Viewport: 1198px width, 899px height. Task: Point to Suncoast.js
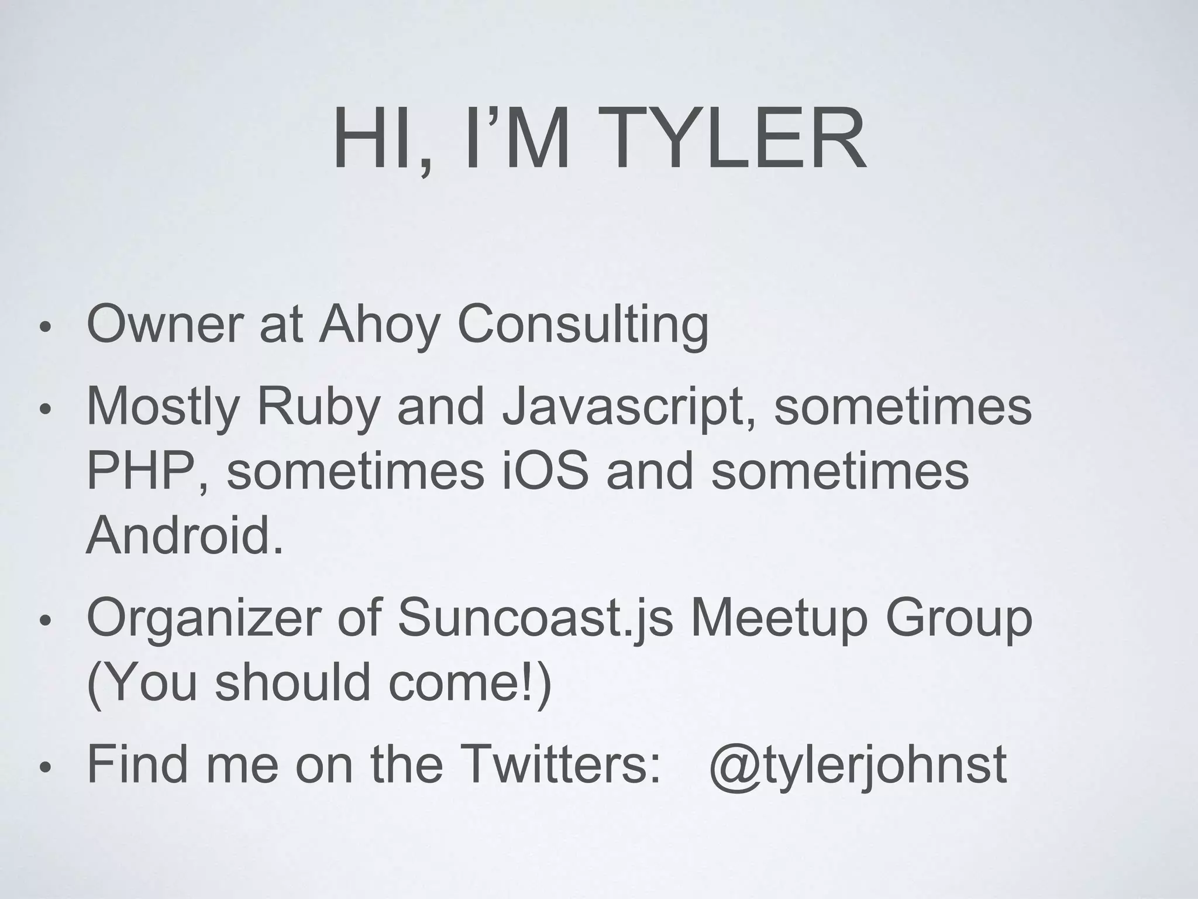pyautogui.click(x=535, y=619)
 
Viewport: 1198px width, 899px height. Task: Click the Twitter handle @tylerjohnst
pyautogui.click(x=858, y=766)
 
